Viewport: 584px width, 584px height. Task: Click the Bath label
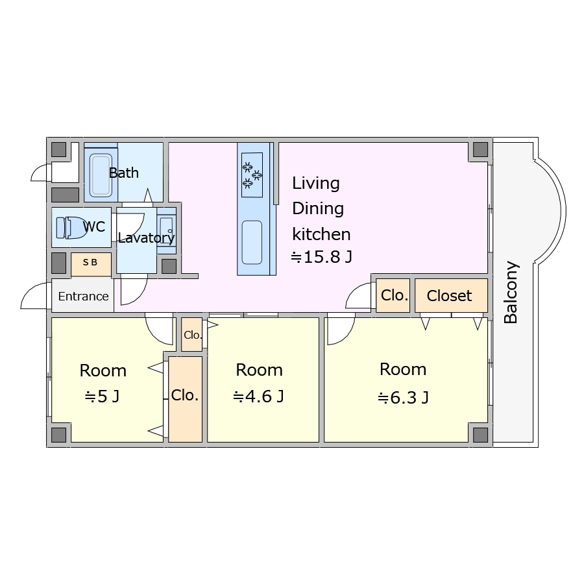tap(124, 173)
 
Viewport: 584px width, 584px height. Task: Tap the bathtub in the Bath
tap(101, 175)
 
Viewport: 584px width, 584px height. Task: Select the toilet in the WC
tap(71, 228)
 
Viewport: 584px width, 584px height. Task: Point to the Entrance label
tap(84, 297)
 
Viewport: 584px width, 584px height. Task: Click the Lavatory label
tap(146, 237)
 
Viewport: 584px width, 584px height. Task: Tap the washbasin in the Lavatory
tap(166, 231)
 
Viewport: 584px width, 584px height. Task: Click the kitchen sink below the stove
tap(252, 242)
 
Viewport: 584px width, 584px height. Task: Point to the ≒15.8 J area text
tap(321, 257)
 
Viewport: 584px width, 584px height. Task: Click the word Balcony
tap(511, 293)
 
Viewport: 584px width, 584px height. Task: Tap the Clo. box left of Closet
tap(393, 295)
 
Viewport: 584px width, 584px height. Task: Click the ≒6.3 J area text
tap(403, 398)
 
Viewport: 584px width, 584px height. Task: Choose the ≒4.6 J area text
tap(258, 396)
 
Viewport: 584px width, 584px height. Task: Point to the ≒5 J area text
tap(102, 396)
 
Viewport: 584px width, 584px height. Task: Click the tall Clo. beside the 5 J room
tap(185, 399)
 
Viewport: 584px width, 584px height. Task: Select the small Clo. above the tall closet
tap(192, 334)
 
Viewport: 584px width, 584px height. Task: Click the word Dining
tap(318, 208)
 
